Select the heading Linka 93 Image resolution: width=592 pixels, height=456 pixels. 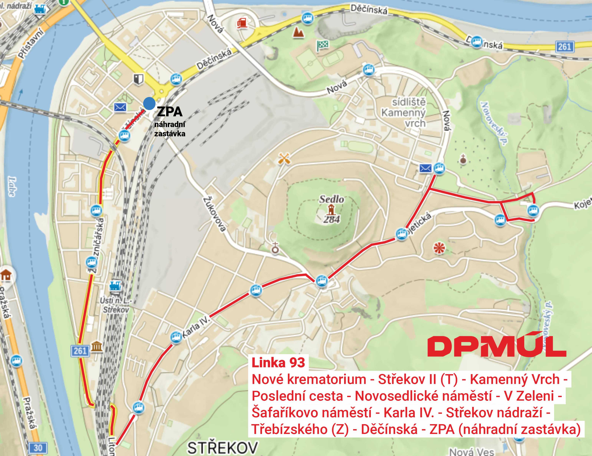coord(278,363)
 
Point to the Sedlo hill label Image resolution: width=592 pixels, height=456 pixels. coord(331,199)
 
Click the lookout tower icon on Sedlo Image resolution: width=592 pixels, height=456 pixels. coord(331,210)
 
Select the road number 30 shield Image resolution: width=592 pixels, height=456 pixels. coord(38,448)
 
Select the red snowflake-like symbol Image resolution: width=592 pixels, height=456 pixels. coord(439,248)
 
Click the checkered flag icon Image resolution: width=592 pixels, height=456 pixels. coord(323,45)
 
